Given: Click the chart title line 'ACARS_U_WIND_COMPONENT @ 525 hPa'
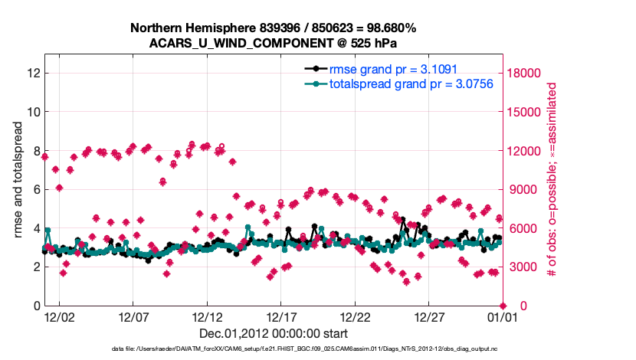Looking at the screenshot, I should (273, 43).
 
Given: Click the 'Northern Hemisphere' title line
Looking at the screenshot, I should (273, 28).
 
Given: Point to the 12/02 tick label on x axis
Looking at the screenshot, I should (58, 316).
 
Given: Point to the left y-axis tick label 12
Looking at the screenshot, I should (32, 73).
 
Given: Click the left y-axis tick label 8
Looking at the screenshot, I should (35, 150).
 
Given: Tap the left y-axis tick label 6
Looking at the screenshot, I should (35, 189).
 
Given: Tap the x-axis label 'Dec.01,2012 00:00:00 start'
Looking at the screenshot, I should (273, 334).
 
